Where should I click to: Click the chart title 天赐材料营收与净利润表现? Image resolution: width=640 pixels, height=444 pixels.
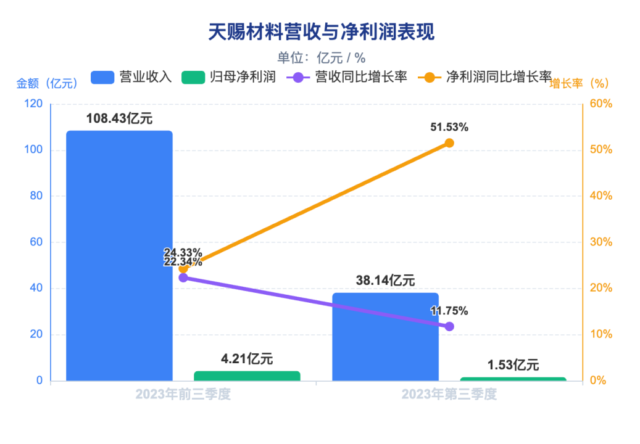(x=321, y=32)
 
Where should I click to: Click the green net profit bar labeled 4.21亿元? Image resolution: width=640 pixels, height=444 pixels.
(x=247, y=376)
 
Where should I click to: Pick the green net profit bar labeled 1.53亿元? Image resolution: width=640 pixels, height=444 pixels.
(x=513, y=379)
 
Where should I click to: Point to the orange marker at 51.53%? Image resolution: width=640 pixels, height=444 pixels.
(x=449, y=143)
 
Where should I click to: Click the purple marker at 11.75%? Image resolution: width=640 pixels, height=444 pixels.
(x=449, y=326)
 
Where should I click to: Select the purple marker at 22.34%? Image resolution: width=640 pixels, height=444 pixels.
(x=183, y=277)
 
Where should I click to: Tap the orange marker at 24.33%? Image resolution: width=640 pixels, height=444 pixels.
(x=183, y=268)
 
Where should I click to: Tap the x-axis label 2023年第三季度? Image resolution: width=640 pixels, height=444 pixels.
(x=449, y=394)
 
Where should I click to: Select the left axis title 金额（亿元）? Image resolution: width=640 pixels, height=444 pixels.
(x=47, y=83)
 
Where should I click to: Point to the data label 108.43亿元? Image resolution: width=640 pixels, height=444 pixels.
(x=119, y=119)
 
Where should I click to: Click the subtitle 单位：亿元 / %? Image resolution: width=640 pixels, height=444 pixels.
(x=321, y=58)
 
